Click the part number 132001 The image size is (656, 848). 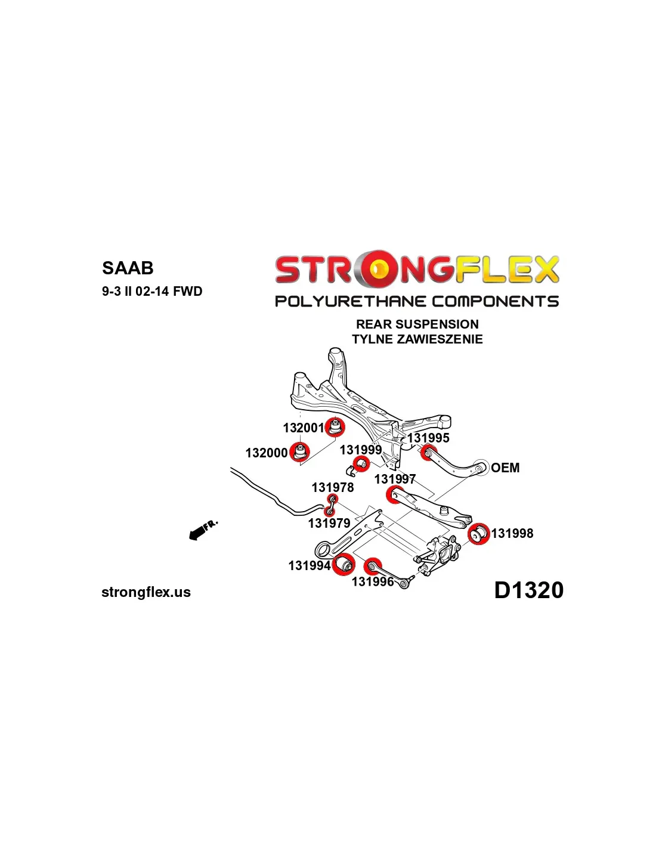coord(304,428)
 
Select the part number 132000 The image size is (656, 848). coord(266,453)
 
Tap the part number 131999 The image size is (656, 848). coord(361,450)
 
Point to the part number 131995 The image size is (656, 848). coord(429,438)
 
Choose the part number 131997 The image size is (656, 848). coord(395,479)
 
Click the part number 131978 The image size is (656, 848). coord(333,487)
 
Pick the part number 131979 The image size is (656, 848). coord(329,524)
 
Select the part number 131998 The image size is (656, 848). coord(512,534)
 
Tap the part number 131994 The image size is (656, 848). coord(310,566)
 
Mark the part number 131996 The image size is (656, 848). coord(373,582)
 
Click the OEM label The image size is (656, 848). coord(505,468)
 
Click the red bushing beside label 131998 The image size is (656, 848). coord(478,534)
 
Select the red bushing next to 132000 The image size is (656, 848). coord(300,452)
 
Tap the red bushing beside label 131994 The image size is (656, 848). coord(344,564)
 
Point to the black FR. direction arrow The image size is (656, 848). coord(203,530)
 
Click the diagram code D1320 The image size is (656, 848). coord(529,590)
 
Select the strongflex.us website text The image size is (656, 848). coord(146,592)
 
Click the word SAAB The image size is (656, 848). coord(128,268)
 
